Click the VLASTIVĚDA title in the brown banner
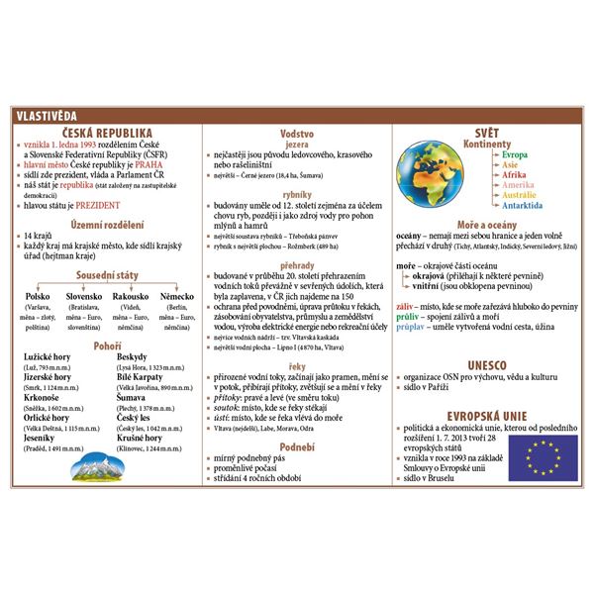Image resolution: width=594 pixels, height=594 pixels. (x=45, y=116)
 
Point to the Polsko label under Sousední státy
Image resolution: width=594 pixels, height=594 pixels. (x=38, y=296)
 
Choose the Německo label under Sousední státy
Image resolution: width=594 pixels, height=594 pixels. (x=176, y=296)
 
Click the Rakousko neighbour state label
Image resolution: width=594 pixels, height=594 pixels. (x=131, y=296)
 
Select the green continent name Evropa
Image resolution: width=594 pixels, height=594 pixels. (x=515, y=155)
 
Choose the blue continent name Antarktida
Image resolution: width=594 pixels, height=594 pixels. (x=522, y=206)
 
